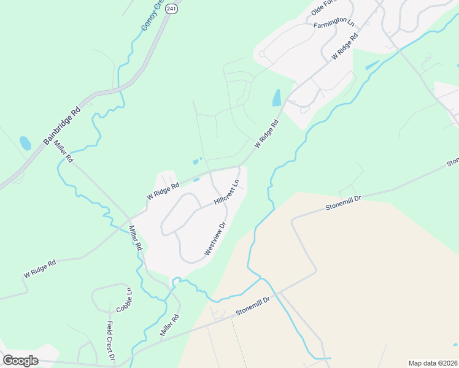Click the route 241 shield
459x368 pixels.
[x=172, y=9]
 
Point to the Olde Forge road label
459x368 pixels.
[x=326, y=7]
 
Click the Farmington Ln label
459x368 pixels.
[x=334, y=24]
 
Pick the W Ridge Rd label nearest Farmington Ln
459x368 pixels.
[x=345, y=45]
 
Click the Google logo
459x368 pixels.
[x=20, y=360]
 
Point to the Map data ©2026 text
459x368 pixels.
[x=433, y=362]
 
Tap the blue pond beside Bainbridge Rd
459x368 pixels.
[x=25, y=144]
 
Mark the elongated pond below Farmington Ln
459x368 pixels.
[x=277, y=98]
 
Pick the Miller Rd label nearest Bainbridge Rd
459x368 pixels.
[x=63, y=151]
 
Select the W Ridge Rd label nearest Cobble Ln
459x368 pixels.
[x=40, y=268]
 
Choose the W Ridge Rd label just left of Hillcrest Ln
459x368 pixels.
[x=163, y=191]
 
